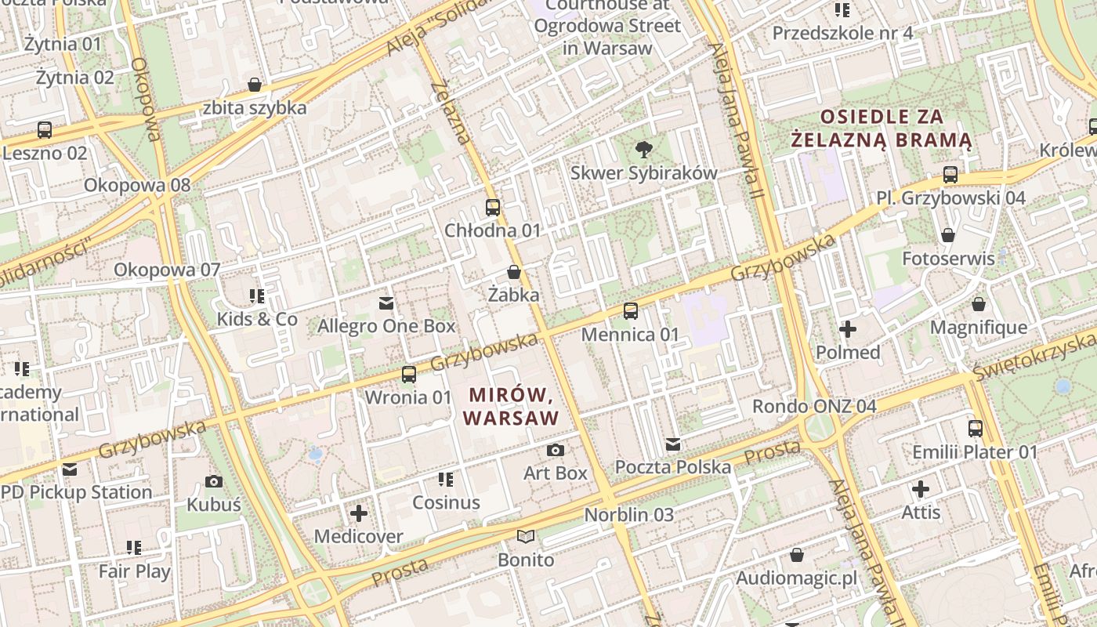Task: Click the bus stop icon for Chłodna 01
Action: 492,208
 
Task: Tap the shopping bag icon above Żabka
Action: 514,272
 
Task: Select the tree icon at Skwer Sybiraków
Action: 644,149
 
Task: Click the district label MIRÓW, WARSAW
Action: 511,405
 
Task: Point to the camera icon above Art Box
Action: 555,450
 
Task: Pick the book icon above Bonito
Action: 526,537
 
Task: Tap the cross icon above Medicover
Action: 358,513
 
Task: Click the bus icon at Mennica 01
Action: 630,311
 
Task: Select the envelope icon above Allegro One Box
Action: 386,303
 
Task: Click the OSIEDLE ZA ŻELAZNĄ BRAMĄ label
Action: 882,129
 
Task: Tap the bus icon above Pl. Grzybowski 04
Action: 950,174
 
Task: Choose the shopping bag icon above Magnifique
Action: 978,304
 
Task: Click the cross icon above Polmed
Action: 848,329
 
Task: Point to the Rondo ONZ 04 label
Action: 814,406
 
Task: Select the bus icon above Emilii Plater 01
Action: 975,429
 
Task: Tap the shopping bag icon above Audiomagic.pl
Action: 796,555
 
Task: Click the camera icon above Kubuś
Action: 213,481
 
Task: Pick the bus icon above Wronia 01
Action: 408,374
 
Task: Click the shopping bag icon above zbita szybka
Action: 254,85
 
